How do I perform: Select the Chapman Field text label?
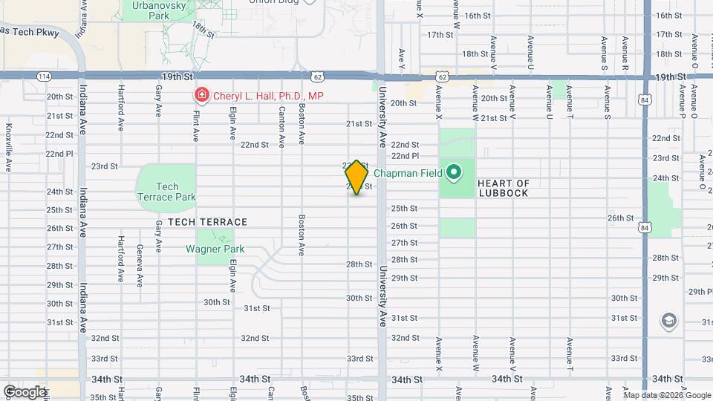[408, 174]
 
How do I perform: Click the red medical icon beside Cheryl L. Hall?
[201, 95]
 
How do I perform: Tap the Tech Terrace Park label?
[166, 192]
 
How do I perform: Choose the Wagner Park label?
[215, 250]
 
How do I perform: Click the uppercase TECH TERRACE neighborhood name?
[207, 222]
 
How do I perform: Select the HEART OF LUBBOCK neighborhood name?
[504, 188]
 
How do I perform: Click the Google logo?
[25, 391]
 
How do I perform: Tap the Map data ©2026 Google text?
[666, 395]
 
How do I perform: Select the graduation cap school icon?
[668, 321]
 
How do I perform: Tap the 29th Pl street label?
[700, 291]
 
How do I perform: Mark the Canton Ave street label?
[281, 125]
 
